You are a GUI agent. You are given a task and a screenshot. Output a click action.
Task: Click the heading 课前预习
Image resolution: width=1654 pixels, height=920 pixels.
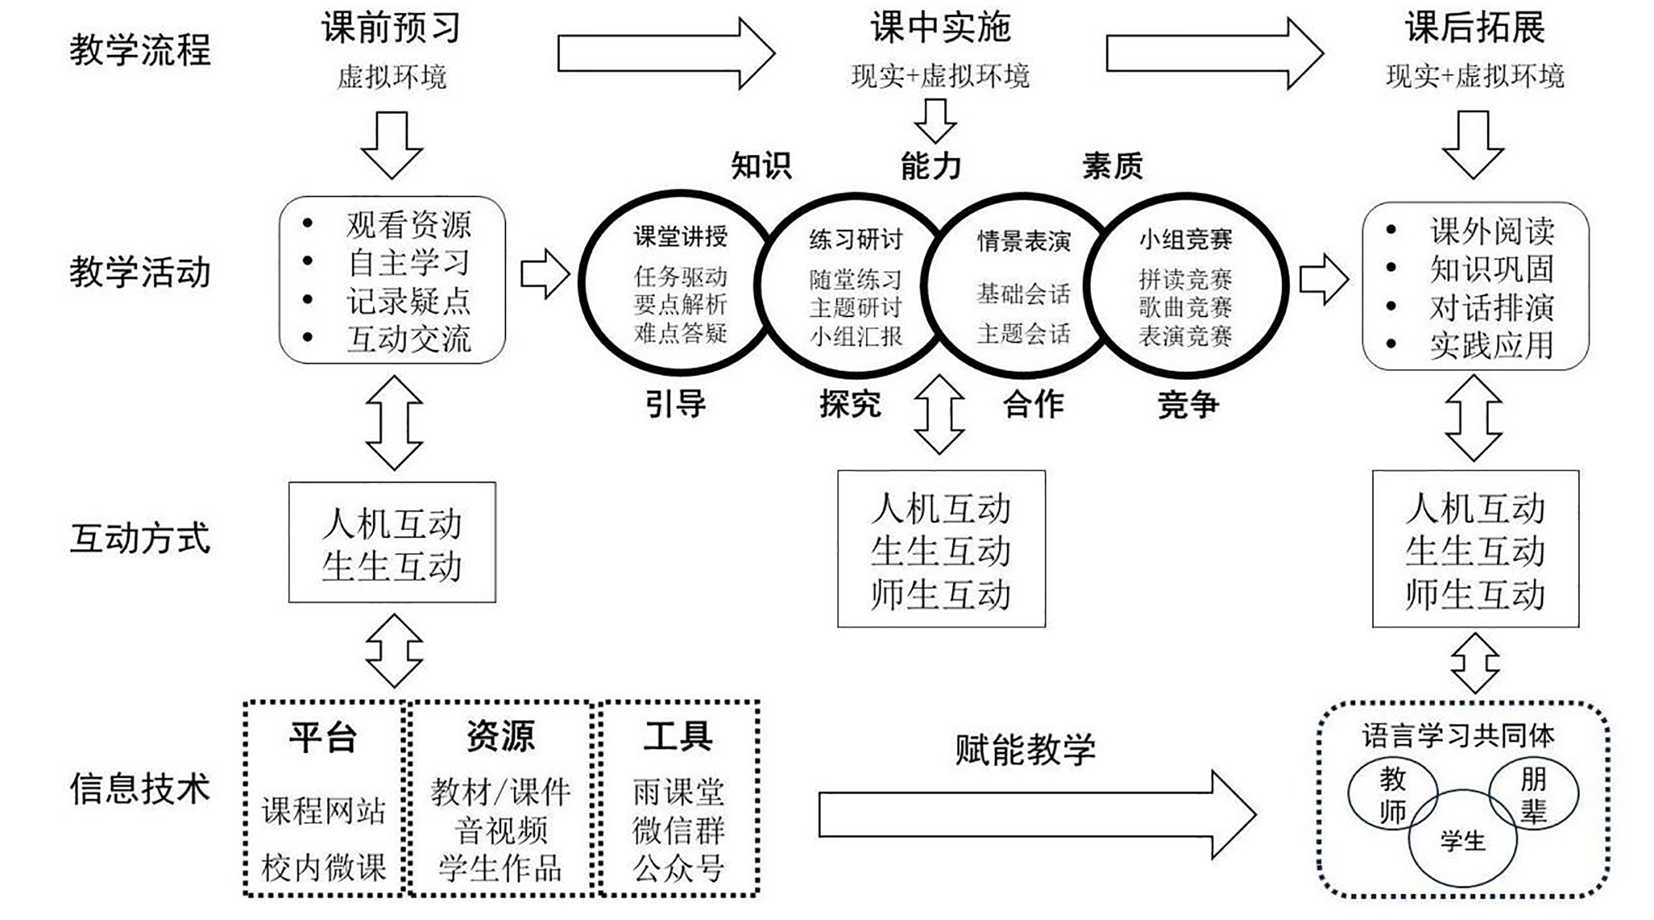coord(391,28)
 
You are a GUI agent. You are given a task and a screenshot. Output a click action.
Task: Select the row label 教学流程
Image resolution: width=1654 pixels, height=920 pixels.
coord(140,50)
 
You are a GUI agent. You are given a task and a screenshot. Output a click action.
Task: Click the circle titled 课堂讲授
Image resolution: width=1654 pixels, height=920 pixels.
coord(680,282)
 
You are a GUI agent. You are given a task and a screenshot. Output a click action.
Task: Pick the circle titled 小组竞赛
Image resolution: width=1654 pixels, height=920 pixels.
coord(1185,285)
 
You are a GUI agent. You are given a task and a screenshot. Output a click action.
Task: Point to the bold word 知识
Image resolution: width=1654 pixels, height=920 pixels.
coord(761,166)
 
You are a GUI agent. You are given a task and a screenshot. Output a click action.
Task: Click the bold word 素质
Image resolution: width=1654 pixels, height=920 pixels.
coord(1112,166)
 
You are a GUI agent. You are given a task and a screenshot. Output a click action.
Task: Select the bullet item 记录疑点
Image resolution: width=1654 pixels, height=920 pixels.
coord(408,301)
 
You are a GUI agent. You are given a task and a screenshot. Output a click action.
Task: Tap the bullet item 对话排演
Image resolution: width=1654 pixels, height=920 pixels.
coord(1491,307)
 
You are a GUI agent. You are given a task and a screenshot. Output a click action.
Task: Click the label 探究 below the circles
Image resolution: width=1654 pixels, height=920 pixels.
coord(849,404)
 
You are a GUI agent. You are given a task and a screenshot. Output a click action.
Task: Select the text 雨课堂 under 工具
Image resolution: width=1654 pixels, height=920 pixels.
coord(678,792)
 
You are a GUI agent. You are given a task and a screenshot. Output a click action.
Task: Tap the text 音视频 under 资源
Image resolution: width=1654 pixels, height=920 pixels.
coord(501,830)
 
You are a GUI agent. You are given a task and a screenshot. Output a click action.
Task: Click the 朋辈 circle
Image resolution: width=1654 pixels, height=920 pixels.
coord(1533,797)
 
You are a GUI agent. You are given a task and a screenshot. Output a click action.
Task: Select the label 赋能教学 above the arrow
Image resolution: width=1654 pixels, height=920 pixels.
coord(1025,749)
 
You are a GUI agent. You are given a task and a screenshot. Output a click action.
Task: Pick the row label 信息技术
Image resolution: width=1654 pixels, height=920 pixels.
coord(140,789)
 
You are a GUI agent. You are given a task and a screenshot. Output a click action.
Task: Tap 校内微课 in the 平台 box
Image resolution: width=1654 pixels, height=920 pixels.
coord(323,867)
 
